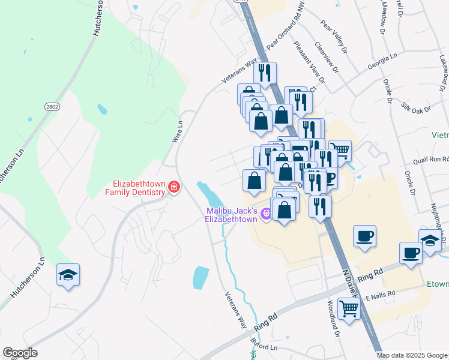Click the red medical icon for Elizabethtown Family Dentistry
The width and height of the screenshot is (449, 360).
pos(174,188)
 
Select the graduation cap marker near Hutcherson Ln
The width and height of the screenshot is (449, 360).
pos(68,275)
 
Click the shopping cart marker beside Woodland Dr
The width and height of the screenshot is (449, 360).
pos(349,309)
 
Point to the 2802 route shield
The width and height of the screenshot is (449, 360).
pos(52,107)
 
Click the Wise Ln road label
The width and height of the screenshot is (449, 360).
pos(177,131)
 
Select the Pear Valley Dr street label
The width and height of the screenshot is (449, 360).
pos(334,37)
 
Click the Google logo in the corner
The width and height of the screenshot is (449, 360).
pos(20,353)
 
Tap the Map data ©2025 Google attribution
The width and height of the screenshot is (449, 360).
pos(411,355)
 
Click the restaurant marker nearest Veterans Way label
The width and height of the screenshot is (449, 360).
pos(264,73)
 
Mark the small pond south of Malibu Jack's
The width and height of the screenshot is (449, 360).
pos(200,277)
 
